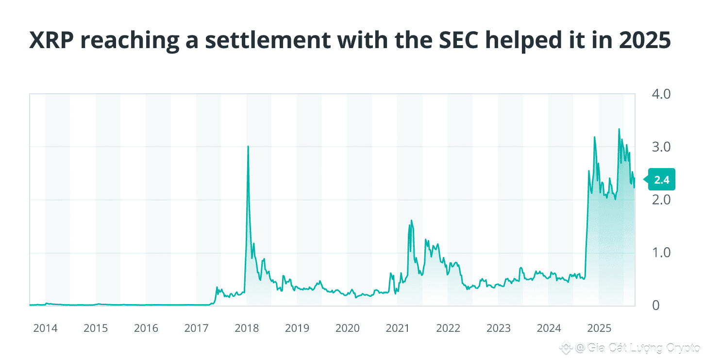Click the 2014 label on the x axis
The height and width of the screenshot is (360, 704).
pyautogui.click(x=45, y=328)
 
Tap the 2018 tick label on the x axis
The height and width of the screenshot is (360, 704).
pyautogui.click(x=247, y=328)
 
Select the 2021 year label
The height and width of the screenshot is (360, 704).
pyautogui.click(x=398, y=328)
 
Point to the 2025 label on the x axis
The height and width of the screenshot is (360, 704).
pyautogui.click(x=599, y=328)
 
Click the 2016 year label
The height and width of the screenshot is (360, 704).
pyautogui.click(x=146, y=328)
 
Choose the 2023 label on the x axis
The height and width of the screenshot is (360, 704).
pyautogui.click(x=498, y=328)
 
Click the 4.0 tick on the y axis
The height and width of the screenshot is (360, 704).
pyautogui.click(x=660, y=94)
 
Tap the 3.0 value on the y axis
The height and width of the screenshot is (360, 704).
pyautogui.click(x=660, y=147)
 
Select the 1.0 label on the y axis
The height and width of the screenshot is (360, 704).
pyautogui.click(x=660, y=253)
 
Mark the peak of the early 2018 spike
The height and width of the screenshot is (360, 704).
pyautogui.click(x=248, y=146)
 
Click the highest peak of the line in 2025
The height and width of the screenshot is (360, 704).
pyautogui.click(x=619, y=129)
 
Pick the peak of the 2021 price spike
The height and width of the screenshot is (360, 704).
pyautogui.click(x=412, y=221)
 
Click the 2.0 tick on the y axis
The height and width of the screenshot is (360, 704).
pyautogui.click(x=660, y=200)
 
